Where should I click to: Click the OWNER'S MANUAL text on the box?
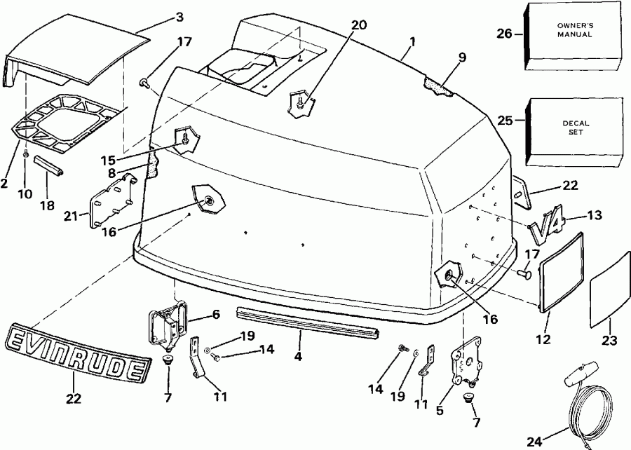tap(575, 30)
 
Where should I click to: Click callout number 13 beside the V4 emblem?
tap(594, 217)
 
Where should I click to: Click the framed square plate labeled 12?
tap(562, 273)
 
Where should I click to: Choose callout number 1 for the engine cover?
tap(413, 41)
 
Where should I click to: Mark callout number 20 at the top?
tap(358, 25)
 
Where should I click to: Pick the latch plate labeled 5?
tap(466, 364)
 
